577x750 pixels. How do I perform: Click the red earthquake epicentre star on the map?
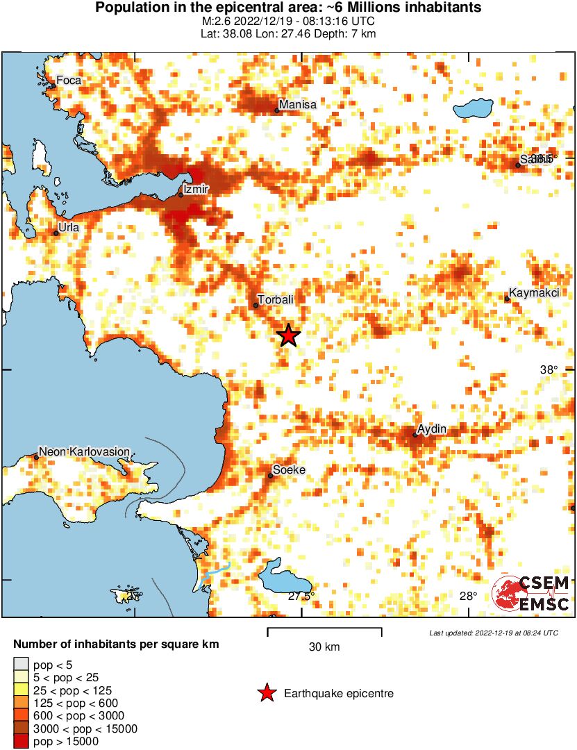[289, 335]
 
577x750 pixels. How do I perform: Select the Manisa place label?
[298, 105]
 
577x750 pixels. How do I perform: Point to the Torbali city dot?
[256, 306]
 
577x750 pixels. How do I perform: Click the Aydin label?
[432, 429]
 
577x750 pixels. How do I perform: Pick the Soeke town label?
[289, 470]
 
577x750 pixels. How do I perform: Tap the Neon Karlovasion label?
[84, 451]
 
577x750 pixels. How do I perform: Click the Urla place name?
[69, 227]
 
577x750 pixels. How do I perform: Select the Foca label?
[69, 81]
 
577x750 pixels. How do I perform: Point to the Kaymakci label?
[534, 293]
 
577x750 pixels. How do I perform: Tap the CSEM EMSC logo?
[531, 594]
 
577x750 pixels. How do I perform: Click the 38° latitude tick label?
[549, 370]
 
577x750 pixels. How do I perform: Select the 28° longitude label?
[468, 596]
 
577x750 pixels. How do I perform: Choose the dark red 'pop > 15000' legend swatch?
[21, 742]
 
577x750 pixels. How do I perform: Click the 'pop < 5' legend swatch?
[21, 665]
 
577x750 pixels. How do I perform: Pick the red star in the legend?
[266, 693]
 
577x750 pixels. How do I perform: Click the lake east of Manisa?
[473, 108]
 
